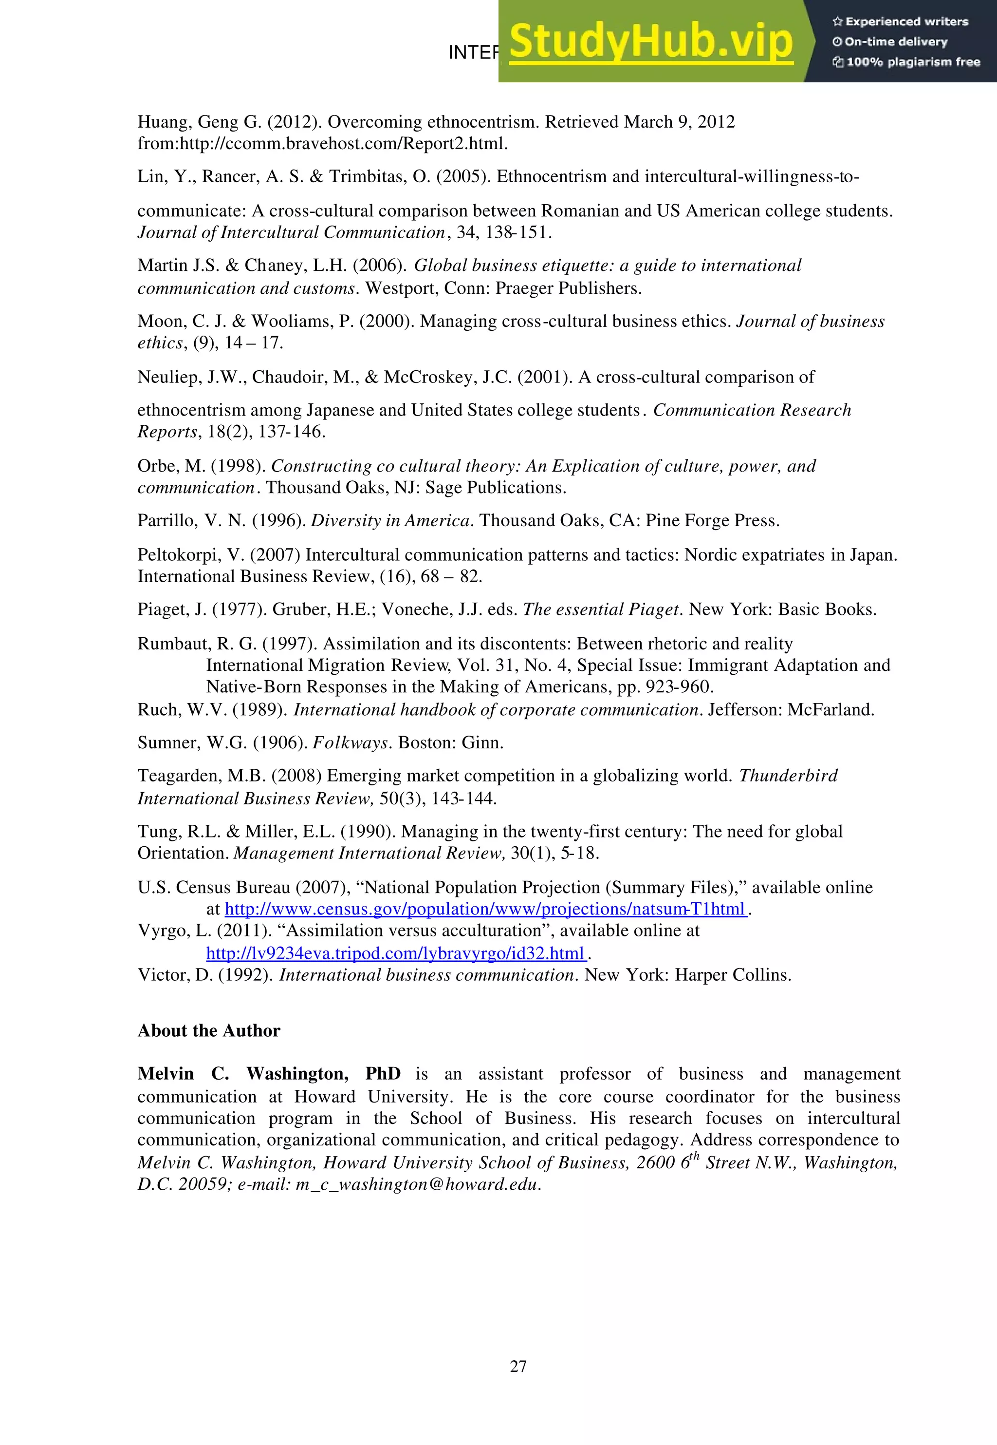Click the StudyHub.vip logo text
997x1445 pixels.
(650, 42)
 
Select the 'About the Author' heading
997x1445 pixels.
(209, 1030)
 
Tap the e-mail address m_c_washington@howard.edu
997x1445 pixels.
(417, 1184)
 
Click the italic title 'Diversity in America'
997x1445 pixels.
(390, 521)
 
